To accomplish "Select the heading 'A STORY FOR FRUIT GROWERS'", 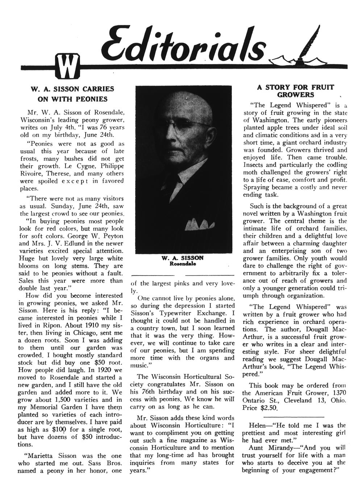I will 296,91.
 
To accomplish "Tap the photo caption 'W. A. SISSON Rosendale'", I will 183,261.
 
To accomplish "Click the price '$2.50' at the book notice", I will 268,408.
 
